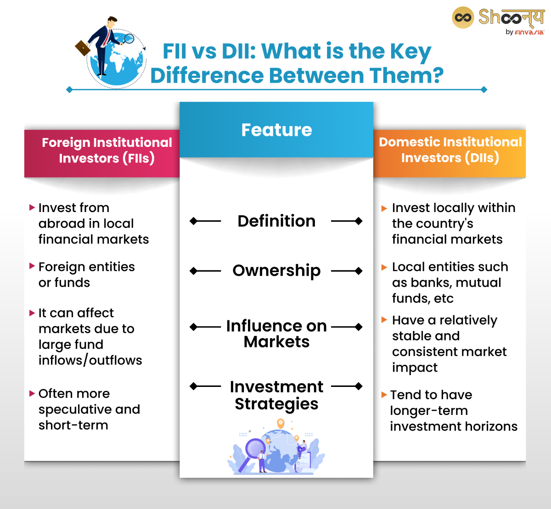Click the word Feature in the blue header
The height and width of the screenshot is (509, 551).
(x=276, y=130)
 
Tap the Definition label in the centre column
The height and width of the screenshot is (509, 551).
(x=276, y=221)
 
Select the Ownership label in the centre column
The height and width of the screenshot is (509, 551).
(x=276, y=271)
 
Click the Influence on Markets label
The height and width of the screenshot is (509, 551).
(x=276, y=334)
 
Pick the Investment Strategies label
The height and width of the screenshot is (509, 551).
(x=276, y=395)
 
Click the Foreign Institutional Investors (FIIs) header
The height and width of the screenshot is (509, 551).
(x=107, y=151)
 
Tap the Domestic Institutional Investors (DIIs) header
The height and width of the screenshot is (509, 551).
(x=450, y=150)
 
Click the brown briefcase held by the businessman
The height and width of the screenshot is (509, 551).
(x=83, y=47)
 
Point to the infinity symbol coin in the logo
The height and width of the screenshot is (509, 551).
(x=463, y=18)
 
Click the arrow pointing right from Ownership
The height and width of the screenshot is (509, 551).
(x=347, y=271)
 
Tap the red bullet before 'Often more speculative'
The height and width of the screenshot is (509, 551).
(x=32, y=393)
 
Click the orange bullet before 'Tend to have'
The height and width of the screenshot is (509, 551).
(x=384, y=395)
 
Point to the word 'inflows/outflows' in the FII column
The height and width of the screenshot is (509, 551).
(x=90, y=360)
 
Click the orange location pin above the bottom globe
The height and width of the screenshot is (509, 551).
(x=281, y=423)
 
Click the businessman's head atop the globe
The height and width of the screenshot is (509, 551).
(x=112, y=21)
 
